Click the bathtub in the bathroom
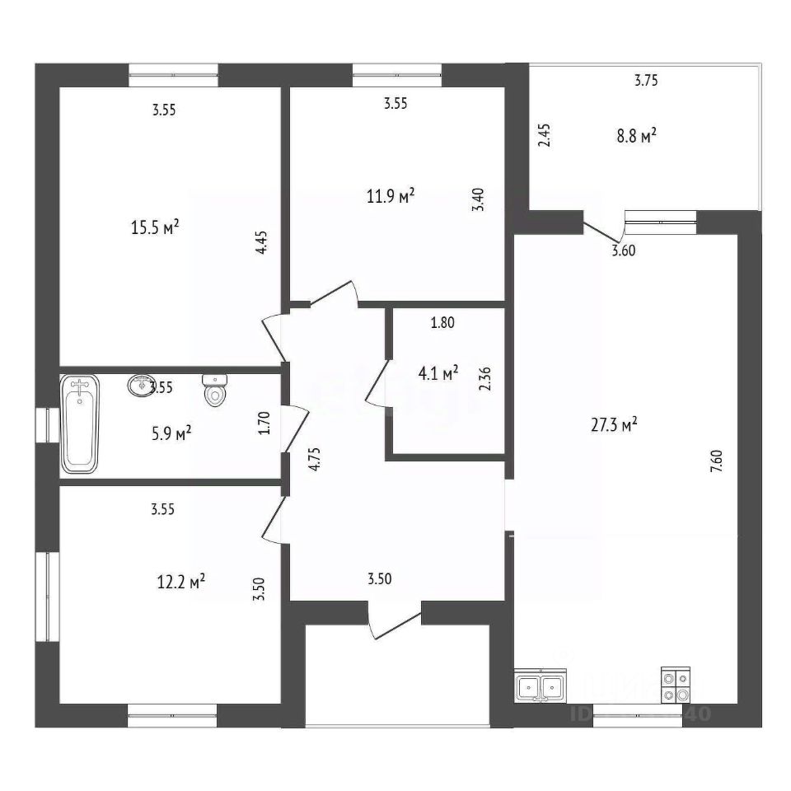pos(80,424)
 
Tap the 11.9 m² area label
pos(391,196)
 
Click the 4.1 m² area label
pos(438,373)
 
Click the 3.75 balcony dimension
pos(646,81)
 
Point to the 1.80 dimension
pos(442,323)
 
